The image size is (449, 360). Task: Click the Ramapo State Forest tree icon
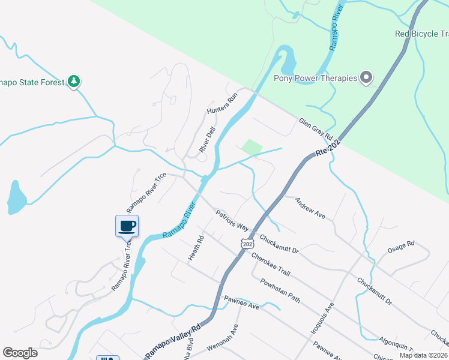click(74, 81)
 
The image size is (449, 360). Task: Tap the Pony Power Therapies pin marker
click(366, 77)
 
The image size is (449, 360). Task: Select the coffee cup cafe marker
click(127, 226)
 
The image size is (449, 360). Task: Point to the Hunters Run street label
click(223, 104)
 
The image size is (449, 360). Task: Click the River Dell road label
click(207, 139)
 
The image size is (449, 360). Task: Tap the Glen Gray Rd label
click(316, 130)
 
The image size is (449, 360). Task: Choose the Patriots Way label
click(232, 220)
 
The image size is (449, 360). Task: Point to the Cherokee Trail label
click(271, 264)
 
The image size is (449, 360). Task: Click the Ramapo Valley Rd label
click(172, 343)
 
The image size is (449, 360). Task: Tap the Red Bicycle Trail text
click(421, 34)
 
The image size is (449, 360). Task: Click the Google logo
click(20, 352)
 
